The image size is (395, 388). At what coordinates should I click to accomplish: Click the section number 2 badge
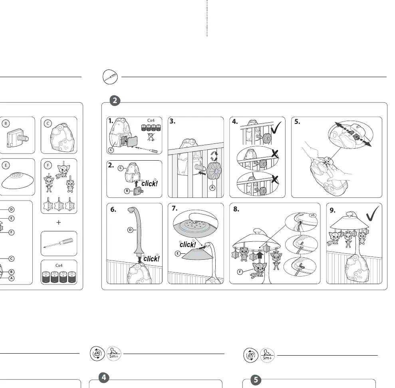[x=115, y=101]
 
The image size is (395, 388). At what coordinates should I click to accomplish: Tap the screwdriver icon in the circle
[x=110, y=77]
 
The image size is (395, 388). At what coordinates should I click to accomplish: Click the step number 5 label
[x=297, y=121]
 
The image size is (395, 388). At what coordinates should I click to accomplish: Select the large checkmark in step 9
[x=373, y=213]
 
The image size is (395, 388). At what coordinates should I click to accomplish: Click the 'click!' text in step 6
[x=151, y=259]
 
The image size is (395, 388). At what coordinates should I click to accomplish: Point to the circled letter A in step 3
[x=212, y=188]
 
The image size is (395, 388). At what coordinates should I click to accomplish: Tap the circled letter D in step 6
[x=130, y=230]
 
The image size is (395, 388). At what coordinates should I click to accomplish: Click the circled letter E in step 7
[x=178, y=253]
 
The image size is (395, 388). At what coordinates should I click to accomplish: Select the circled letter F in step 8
[x=240, y=272]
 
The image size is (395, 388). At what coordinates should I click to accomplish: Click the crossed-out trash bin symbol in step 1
[x=151, y=137]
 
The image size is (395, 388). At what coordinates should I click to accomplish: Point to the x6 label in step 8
[x=313, y=215]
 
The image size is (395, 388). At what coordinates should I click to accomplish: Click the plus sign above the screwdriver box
[x=59, y=222]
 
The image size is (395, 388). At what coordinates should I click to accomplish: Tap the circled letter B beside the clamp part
[x=6, y=123]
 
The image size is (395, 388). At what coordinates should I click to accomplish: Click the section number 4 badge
[x=104, y=378]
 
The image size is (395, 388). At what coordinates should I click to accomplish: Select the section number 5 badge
[x=256, y=380]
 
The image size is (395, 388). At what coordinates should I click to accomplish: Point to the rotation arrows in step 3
[x=214, y=156]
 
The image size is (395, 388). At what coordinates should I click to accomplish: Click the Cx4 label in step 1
[x=151, y=121]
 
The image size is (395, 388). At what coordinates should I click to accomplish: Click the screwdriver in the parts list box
[x=58, y=243]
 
